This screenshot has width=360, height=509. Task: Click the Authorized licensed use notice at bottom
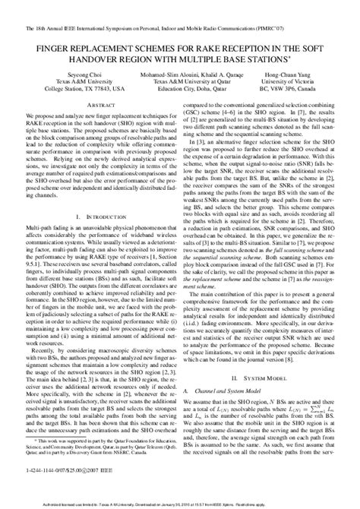click(x=179, y=503)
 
